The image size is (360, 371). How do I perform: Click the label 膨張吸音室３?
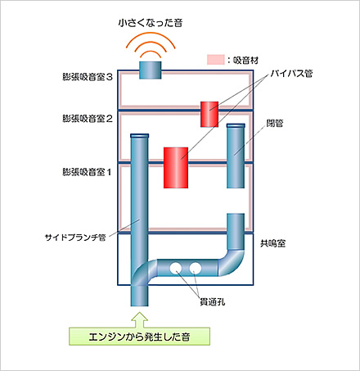click(88, 77)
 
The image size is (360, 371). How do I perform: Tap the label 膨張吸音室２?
click(88, 119)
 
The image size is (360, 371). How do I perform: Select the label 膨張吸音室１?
click(87, 172)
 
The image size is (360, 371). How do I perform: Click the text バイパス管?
click(291, 73)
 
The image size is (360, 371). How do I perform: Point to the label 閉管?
click(275, 124)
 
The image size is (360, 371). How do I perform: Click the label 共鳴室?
click(272, 243)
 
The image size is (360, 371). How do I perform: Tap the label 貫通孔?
click(213, 301)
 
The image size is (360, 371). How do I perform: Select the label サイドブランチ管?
click(75, 238)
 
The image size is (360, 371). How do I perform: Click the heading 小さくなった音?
click(151, 23)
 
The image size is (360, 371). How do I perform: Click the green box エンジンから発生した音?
click(139, 337)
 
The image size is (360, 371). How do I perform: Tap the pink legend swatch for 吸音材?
click(215, 60)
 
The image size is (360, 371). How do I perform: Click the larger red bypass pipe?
click(176, 168)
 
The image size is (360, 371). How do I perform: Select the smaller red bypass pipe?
click(209, 115)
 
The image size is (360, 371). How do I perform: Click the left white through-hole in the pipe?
click(176, 268)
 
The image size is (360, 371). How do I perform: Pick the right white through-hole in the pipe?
click(196, 268)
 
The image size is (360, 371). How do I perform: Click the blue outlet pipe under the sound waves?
click(151, 70)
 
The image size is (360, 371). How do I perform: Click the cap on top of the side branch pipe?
click(140, 136)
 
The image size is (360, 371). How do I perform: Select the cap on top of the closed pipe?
click(236, 125)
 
